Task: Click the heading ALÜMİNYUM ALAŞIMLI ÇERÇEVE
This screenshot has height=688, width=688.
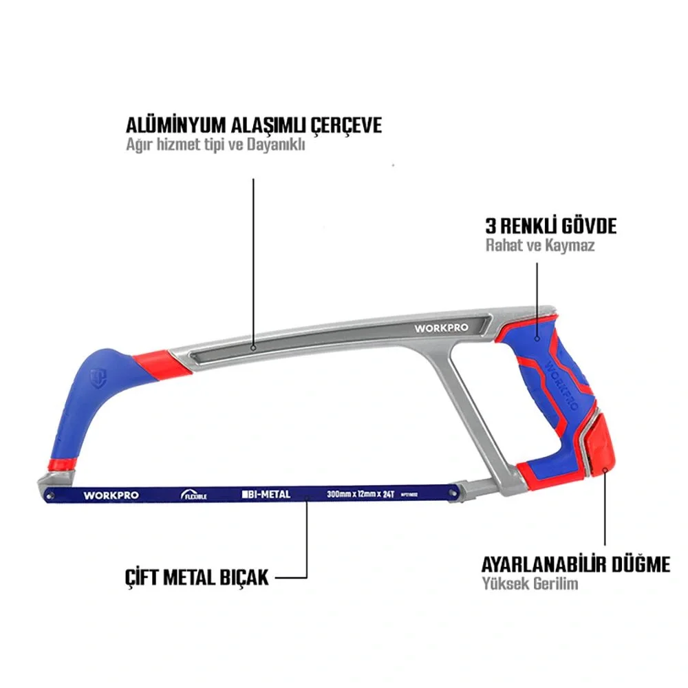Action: tap(253, 126)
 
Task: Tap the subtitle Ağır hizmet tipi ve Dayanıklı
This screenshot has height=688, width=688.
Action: tap(215, 147)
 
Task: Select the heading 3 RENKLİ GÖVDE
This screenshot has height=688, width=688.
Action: tap(550, 226)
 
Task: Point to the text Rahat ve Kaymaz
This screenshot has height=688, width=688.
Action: tap(539, 246)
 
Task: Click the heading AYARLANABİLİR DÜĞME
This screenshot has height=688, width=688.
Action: tap(574, 565)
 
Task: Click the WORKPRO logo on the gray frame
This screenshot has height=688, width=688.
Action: tap(441, 327)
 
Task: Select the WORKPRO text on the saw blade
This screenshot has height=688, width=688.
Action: tap(111, 495)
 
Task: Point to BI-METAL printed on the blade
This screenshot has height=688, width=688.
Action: tap(266, 494)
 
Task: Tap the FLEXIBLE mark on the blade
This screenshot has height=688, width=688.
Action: tap(193, 494)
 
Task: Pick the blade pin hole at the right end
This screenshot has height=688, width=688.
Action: tap(451, 491)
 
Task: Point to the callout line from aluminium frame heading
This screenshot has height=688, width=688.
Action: tap(253, 261)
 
